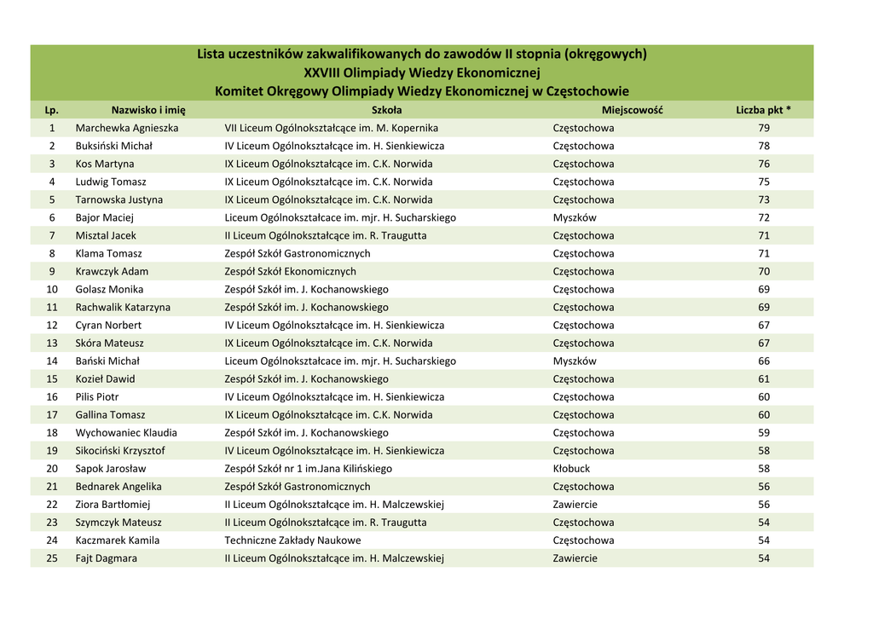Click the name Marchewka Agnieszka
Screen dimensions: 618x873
(127, 128)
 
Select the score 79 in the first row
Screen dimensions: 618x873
(763, 128)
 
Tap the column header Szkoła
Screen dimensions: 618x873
(386, 110)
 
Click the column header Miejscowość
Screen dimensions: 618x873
(632, 110)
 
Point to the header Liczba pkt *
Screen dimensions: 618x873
(763, 110)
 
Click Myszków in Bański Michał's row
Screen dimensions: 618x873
(575, 361)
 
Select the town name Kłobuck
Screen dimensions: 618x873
(571, 468)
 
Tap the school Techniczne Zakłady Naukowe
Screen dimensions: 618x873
(292, 540)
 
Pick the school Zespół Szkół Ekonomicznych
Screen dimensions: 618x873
(290, 271)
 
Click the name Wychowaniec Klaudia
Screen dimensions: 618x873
(126, 432)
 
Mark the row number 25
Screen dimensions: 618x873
(52, 558)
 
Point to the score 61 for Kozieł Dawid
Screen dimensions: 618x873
(763, 378)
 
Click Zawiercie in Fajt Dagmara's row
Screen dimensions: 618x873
(575, 558)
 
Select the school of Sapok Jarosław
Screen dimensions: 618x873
(308, 468)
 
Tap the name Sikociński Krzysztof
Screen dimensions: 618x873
(120, 450)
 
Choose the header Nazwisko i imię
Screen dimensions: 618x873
(148, 110)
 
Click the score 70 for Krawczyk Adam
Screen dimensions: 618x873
(763, 271)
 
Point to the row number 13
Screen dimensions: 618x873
(52, 343)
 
